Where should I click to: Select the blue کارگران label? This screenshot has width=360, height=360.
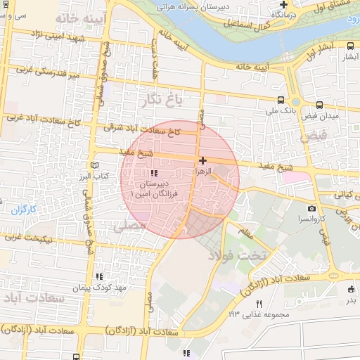point(23,210)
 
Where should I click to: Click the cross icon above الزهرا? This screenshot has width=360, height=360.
point(203,160)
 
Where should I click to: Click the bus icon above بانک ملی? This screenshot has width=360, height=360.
point(281,101)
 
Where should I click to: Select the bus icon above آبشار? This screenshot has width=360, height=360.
point(350,46)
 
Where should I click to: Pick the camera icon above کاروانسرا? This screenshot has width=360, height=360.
point(311,209)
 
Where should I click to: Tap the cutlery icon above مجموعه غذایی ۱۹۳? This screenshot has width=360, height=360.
point(259,304)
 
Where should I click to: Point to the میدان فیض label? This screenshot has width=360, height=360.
point(324,115)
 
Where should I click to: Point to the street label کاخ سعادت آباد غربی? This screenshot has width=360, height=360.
point(42,120)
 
